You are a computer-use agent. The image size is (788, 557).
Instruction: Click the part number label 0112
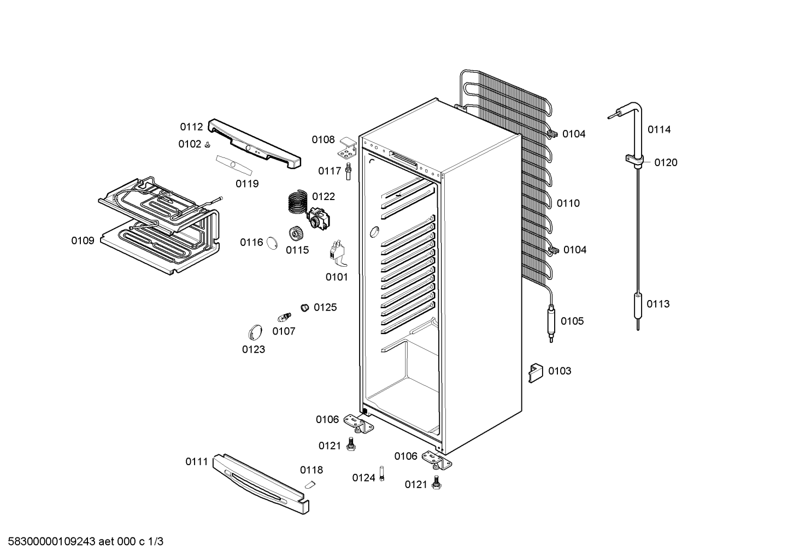tap(191, 127)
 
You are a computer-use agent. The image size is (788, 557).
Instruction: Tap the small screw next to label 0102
tap(208, 145)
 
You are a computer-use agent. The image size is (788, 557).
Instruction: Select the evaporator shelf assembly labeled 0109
tap(159, 225)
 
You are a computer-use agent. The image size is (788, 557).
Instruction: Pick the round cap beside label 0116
tap(272, 243)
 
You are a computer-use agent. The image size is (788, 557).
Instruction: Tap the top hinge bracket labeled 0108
tap(348, 148)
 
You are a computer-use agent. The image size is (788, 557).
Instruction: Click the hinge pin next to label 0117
tap(349, 171)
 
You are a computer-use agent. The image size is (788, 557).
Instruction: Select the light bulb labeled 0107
tap(284, 317)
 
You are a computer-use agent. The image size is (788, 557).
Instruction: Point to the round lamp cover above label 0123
tap(255, 332)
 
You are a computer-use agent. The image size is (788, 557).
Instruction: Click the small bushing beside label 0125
tap(304, 308)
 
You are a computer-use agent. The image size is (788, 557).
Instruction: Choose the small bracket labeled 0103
tap(536, 373)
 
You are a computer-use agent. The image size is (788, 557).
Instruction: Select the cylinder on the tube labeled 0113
tap(638, 306)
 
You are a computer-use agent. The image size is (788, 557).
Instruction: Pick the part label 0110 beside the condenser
tap(568, 203)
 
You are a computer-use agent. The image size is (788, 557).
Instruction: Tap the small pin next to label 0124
tap(382, 473)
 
